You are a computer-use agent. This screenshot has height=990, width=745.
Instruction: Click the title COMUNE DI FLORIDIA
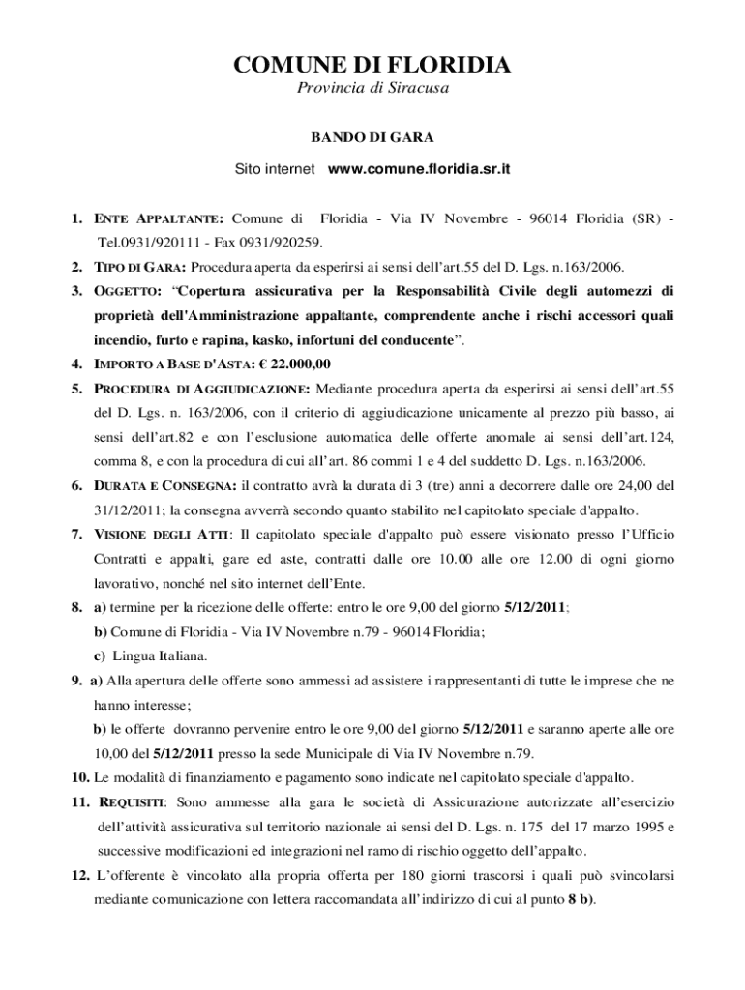point(372,66)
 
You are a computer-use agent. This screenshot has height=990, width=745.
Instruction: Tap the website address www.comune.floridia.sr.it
point(419,169)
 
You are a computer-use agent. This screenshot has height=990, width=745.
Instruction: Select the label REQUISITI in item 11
point(131,802)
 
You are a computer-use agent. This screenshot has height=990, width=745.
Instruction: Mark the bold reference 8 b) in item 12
point(581,899)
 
